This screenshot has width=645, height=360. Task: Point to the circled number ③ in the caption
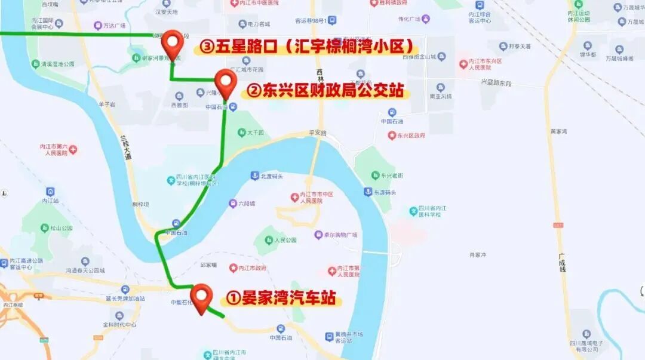pos(207,47)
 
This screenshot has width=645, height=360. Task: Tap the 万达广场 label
pos(113,26)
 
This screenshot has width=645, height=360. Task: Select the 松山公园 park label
pos(60,228)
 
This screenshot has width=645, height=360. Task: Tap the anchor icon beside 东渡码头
pos(368,192)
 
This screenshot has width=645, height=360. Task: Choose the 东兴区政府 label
pos(410,136)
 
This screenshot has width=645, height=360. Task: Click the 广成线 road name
pos(562,262)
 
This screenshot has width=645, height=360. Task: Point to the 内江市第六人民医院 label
pos(53,149)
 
